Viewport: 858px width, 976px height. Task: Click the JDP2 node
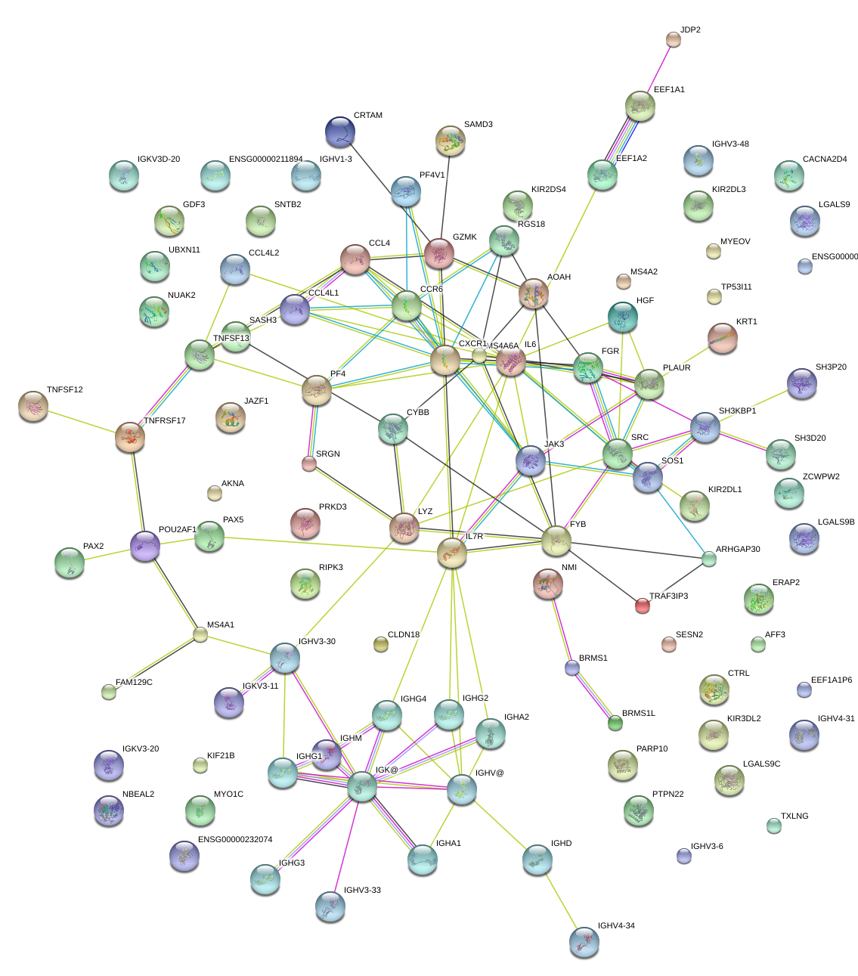click(x=673, y=39)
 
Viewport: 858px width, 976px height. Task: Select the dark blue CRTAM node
click(x=340, y=132)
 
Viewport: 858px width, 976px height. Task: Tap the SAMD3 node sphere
click(x=451, y=141)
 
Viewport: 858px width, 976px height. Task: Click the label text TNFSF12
click(x=64, y=390)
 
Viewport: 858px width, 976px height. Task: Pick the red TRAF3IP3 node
click(x=642, y=605)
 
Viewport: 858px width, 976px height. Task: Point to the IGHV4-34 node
click(x=584, y=942)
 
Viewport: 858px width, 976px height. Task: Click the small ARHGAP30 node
click(x=708, y=559)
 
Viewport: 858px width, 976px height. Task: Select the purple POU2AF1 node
click(x=145, y=546)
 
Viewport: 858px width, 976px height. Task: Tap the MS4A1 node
click(x=200, y=634)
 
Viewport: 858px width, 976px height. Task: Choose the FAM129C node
click(x=109, y=691)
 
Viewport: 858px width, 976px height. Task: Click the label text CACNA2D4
click(x=825, y=160)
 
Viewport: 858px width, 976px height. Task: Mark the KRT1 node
click(x=722, y=338)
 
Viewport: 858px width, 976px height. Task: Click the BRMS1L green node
click(x=615, y=723)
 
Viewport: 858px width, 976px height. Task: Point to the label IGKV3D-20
click(x=159, y=160)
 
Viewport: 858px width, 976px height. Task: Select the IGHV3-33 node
click(x=330, y=906)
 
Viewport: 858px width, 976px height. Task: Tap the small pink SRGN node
click(x=309, y=463)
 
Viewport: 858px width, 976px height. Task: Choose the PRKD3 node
click(x=305, y=522)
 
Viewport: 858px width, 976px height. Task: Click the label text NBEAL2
click(x=138, y=795)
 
